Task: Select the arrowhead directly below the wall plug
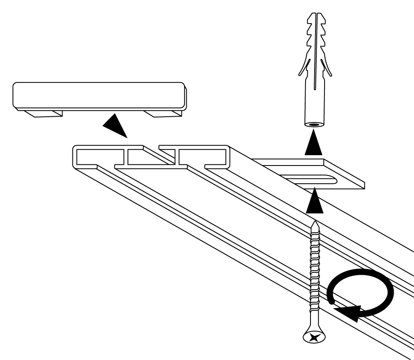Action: coord(313,143)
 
